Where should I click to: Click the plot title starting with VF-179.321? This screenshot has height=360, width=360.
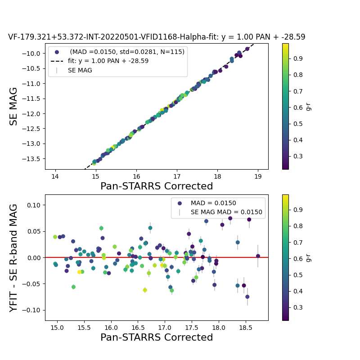tap(157, 37)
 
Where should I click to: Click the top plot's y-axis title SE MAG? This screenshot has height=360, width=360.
tap(14, 107)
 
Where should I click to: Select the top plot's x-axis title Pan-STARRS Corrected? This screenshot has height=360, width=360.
tap(157, 186)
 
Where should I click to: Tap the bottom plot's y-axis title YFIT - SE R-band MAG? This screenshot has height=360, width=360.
tap(14, 257)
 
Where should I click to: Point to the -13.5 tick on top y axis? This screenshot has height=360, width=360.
tap(32, 158)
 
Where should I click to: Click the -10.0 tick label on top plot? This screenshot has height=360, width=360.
tap(32, 54)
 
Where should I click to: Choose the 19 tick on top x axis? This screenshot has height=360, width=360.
tap(258, 176)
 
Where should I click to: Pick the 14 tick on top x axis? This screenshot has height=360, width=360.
tap(55, 176)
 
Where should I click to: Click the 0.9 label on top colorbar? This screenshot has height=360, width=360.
tap(296, 58)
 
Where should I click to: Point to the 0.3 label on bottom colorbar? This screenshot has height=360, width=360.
tap(296, 307)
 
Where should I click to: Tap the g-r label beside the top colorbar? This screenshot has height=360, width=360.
tap(308, 106)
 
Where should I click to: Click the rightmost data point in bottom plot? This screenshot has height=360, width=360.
tap(258, 256)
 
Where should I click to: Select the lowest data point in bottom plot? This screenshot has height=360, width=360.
tap(247, 297)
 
